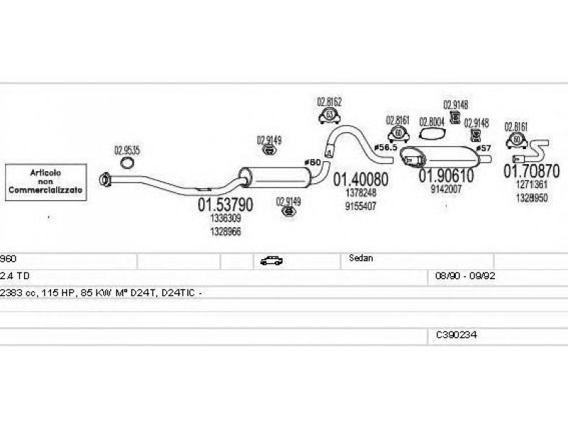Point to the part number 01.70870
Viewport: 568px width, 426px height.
532,171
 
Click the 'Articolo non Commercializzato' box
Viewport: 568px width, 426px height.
45,182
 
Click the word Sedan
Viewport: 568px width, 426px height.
361,259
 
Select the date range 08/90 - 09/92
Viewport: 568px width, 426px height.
460,275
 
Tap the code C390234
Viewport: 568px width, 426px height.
457,333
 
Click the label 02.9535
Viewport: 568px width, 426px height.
127,151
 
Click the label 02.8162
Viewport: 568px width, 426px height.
329,102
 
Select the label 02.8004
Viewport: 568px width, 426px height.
432,121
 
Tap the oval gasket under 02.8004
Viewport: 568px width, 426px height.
432,133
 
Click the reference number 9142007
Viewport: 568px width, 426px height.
446,189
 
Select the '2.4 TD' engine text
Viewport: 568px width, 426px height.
14,275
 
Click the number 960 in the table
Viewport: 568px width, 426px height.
7,259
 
